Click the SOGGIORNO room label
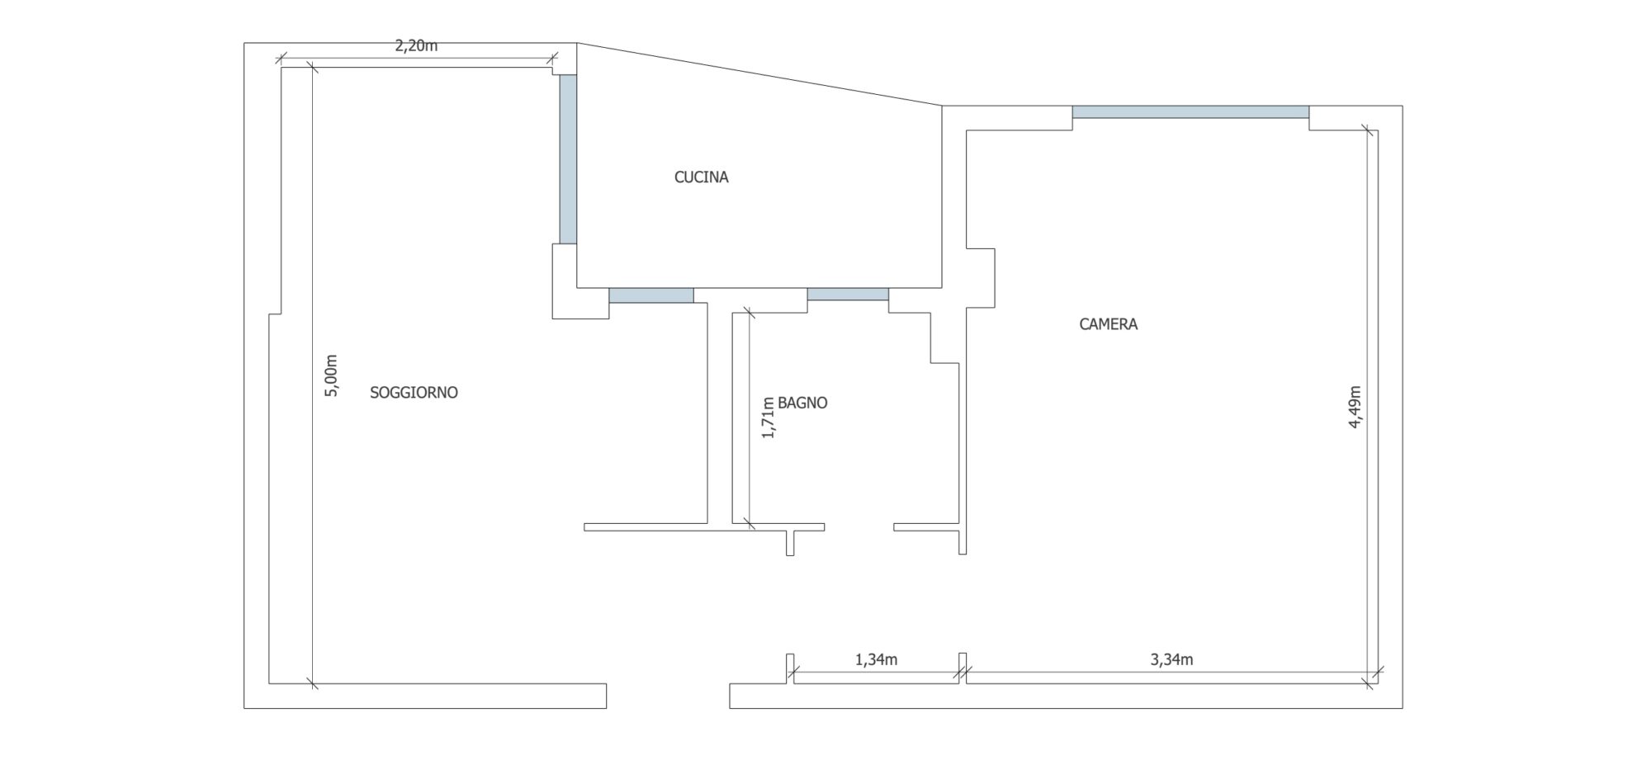click(414, 393)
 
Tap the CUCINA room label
click(702, 177)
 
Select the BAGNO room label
click(802, 403)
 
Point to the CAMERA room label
click(1109, 324)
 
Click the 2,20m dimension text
click(416, 46)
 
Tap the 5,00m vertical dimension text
click(331, 375)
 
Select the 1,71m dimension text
click(768, 416)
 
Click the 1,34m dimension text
click(876, 659)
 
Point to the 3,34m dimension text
click(1171, 659)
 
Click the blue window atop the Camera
click(1190, 112)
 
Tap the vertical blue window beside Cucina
click(568, 159)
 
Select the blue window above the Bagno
click(848, 295)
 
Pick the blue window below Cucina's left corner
click(651, 295)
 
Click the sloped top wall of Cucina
click(759, 74)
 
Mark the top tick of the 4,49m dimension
click(1366, 130)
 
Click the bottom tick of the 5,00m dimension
click(312, 683)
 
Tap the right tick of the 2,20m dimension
click(553, 59)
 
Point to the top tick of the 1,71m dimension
click(748, 313)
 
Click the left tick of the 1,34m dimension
click(793, 673)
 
